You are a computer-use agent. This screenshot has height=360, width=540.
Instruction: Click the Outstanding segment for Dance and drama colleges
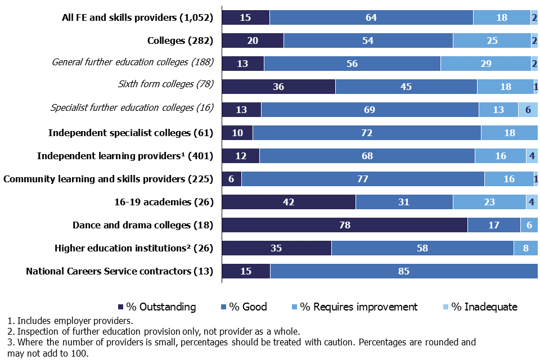point(344,225)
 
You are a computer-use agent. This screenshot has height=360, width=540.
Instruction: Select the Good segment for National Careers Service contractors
point(404,271)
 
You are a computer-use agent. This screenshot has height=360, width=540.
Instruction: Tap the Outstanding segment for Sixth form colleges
point(278,87)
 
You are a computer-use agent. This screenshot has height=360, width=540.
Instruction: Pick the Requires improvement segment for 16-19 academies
point(489,202)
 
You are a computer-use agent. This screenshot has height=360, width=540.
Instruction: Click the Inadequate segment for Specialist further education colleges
point(528,110)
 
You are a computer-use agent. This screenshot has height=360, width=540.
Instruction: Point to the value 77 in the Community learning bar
point(363,179)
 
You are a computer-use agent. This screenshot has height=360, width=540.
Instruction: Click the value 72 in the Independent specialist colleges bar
point(366,133)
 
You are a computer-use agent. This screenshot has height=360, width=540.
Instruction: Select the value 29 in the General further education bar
point(485,64)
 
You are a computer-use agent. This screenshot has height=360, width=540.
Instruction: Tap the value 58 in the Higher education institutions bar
point(422,248)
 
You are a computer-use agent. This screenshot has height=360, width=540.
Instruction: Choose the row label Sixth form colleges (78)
point(165,84)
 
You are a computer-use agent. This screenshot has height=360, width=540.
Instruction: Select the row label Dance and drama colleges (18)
point(143,225)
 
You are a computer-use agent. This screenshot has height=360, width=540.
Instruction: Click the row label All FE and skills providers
point(137,17)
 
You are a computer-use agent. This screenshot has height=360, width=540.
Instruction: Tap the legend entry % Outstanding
point(156,307)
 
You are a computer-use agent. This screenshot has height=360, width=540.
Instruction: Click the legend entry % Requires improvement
point(354,307)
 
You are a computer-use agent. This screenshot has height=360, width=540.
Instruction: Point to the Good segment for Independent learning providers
point(367,156)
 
